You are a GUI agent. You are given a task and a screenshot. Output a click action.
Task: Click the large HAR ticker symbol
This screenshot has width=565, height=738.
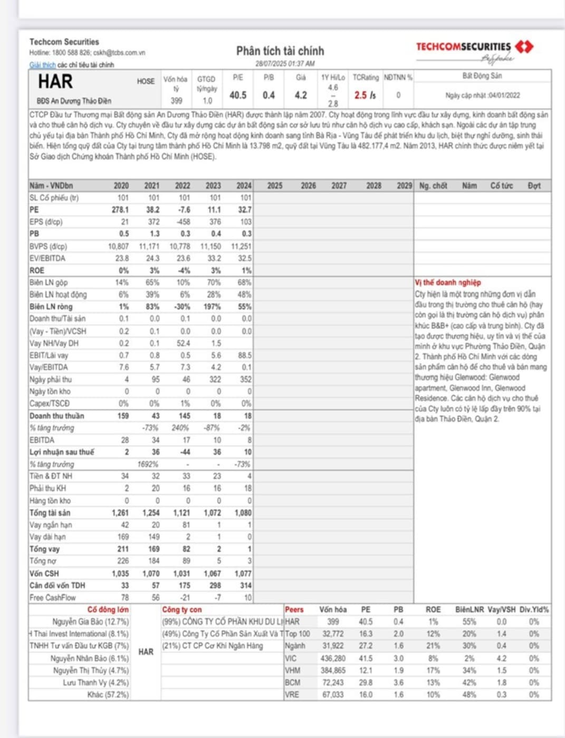(x=55, y=82)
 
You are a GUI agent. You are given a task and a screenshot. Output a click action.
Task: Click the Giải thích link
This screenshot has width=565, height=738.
(x=42, y=65)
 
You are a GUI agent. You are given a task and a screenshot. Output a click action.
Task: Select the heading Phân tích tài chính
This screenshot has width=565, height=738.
(x=280, y=51)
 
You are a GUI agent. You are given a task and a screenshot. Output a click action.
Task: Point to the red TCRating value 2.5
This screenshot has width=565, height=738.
(x=361, y=95)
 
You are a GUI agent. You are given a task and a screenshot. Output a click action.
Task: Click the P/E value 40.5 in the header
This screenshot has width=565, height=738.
(x=238, y=95)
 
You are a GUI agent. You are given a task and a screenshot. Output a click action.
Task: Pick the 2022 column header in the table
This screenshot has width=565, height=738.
(x=183, y=186)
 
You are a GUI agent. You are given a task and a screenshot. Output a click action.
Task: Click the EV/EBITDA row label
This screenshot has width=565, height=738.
(x=47, y=258)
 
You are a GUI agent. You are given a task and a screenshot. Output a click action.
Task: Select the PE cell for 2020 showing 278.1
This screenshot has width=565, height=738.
(x=120, y=210)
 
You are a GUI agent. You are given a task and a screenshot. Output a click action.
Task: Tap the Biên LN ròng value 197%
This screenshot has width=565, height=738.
(x=213, y=307)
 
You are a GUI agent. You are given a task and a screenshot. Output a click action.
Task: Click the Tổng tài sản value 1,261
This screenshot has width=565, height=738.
(x=120, y=513)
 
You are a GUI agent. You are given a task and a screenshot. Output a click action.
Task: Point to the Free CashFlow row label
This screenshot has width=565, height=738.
(x=53, y=598)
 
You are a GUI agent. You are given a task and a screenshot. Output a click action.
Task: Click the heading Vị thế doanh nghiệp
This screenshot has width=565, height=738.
(x=447, y=283)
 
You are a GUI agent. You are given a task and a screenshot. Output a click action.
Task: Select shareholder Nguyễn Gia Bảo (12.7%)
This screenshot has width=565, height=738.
(x=90, y=622)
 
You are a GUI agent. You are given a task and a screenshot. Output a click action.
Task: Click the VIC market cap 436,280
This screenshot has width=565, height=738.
(x=333, y=658)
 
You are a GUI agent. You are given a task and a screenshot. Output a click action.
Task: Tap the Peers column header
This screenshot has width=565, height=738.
(x=294, y=610)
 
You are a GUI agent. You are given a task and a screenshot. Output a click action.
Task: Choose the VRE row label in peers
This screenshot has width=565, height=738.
(x=292, y=695)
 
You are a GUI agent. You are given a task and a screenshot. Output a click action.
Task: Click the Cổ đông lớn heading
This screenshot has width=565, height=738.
(x=108, y=610)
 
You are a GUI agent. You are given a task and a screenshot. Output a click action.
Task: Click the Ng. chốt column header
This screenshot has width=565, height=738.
(x=433, y=186)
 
